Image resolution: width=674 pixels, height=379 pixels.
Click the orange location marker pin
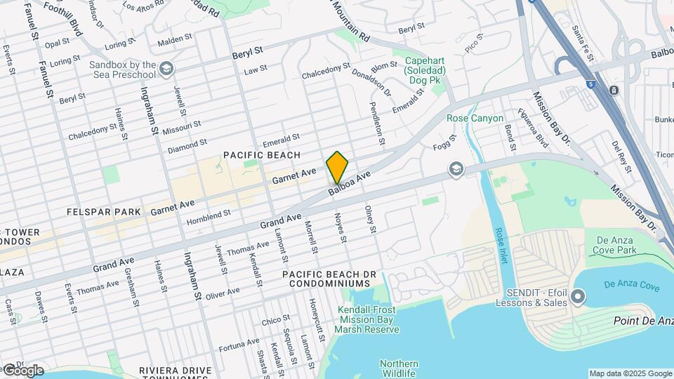pos(337,167)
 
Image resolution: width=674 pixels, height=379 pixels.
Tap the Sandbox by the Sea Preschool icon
pos(166,69)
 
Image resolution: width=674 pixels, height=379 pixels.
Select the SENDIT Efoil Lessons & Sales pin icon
pos(578,298)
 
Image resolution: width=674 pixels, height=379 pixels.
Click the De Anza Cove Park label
pos(614,244)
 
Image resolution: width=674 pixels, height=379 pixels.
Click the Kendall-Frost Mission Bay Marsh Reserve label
pos(366,319)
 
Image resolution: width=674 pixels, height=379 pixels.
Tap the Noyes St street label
pos(341,229)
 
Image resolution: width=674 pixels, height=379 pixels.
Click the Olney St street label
pos(370,219)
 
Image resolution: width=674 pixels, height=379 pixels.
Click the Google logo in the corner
pos(22,370)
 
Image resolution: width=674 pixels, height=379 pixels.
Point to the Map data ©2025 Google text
pos(630,373)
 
